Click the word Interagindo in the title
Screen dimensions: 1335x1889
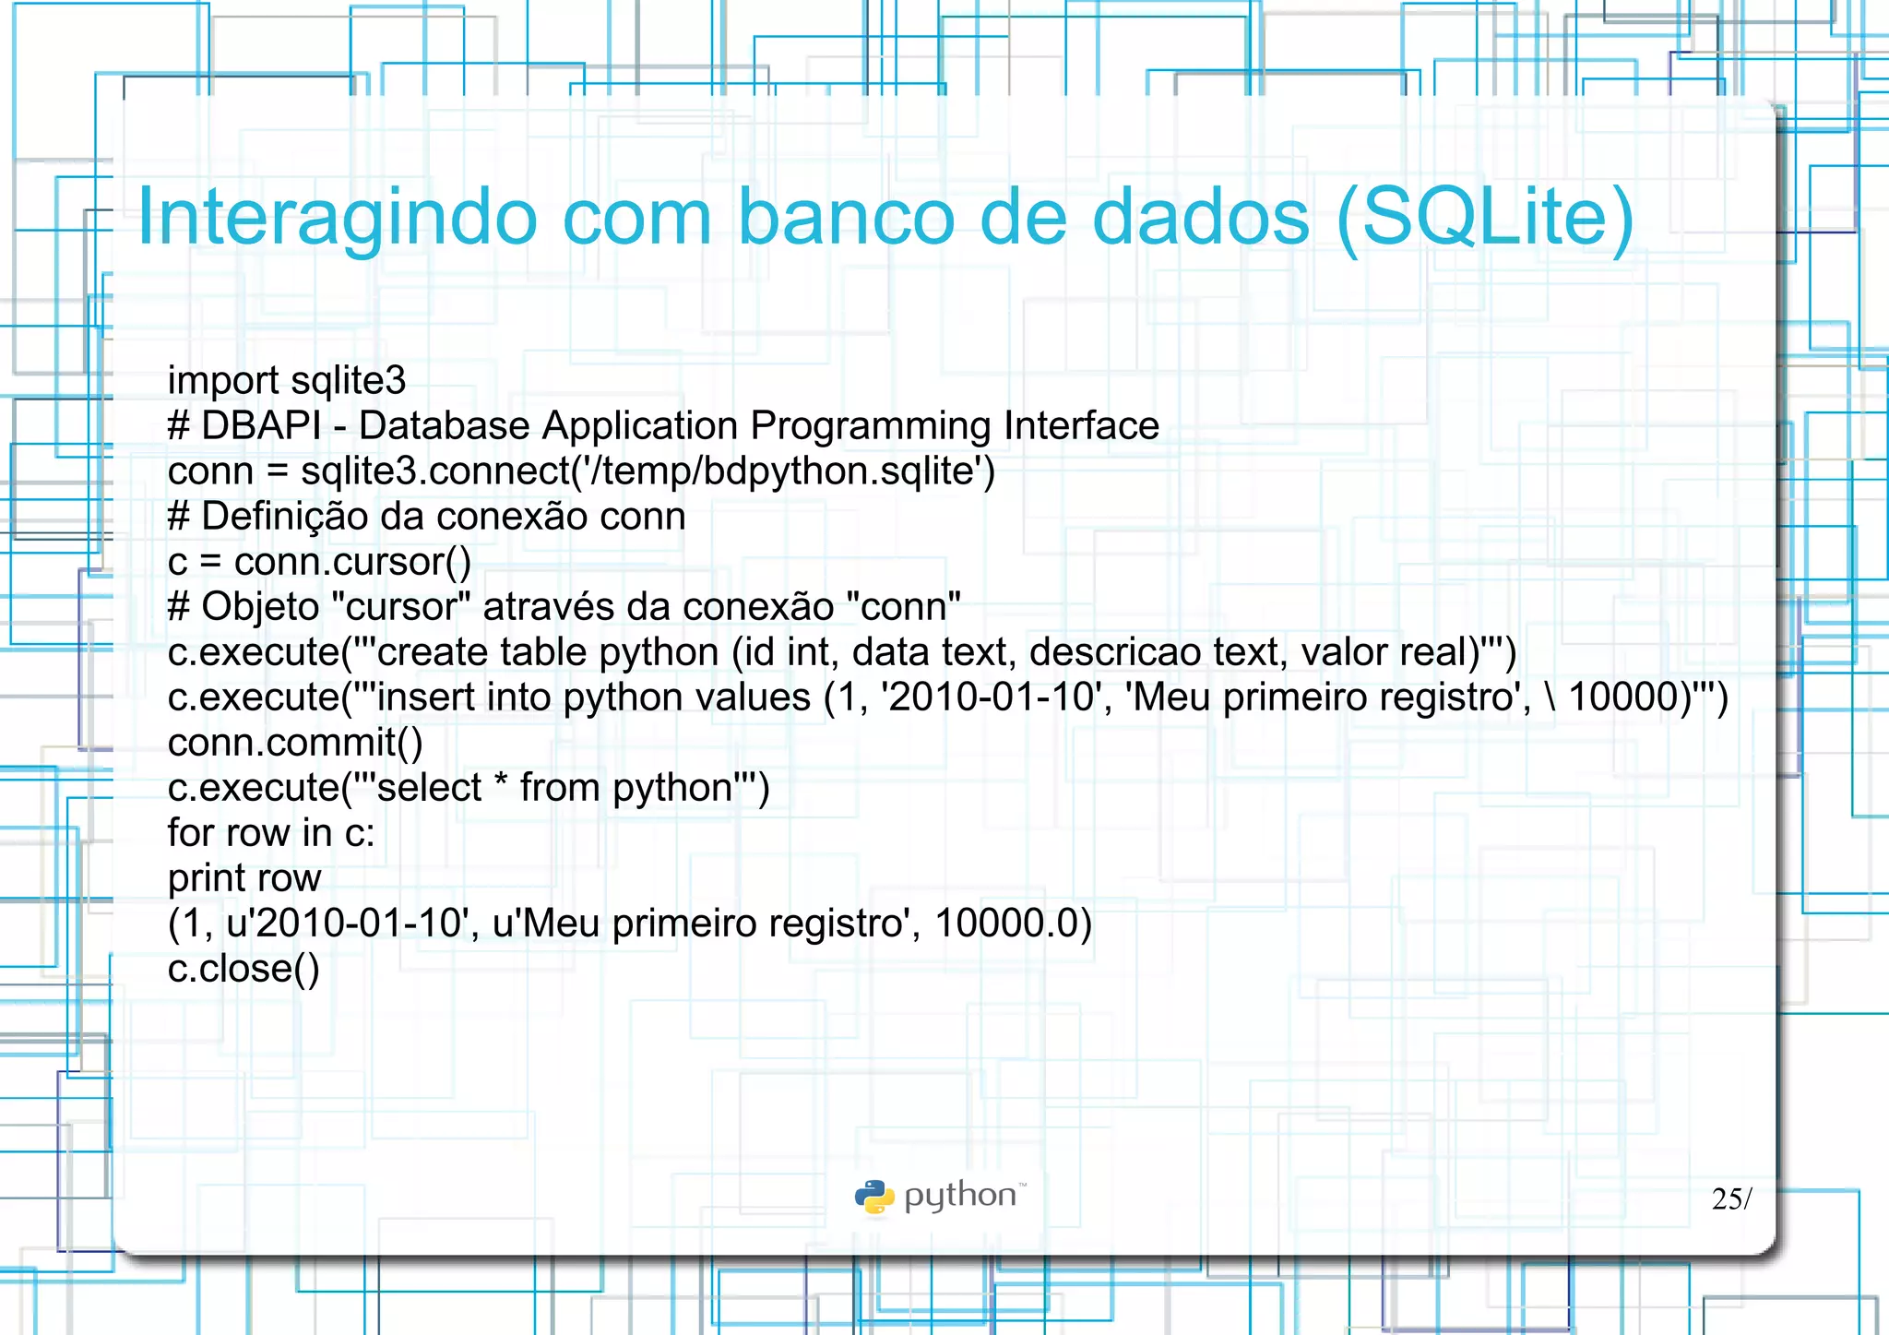pyautogui.click(x=337, y=218)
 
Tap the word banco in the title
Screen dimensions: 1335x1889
pyautogui.click(x=846, y=218)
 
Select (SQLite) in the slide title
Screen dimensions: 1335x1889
pyautogui.click(x=1485, y=218)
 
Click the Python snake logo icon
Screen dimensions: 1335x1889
pyautogui.click(x=874, y=1197)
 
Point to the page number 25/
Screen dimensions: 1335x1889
pyautogui.click(x=1731, y=1198)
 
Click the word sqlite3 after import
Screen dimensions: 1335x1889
pyautogui.click(x=348, y=380)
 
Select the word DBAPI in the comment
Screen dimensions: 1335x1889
pyautogui.click(x=261, y=425)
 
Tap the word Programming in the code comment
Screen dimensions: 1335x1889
pyautogui.click(x=871, y=425)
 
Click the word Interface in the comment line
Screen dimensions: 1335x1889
pyautogui.click(x=1081, y=425)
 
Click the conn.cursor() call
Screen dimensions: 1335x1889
pyautogui.click(x=352, y=561)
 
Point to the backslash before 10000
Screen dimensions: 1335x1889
pyautogui.click(x=1550, y=697)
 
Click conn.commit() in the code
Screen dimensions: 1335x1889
pyautogui.click(x=295, y=742)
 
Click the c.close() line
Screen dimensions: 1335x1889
pyautogui.click(x=244, y=968)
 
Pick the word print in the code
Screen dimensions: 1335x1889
pyautogui.click(x=207, y=877)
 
